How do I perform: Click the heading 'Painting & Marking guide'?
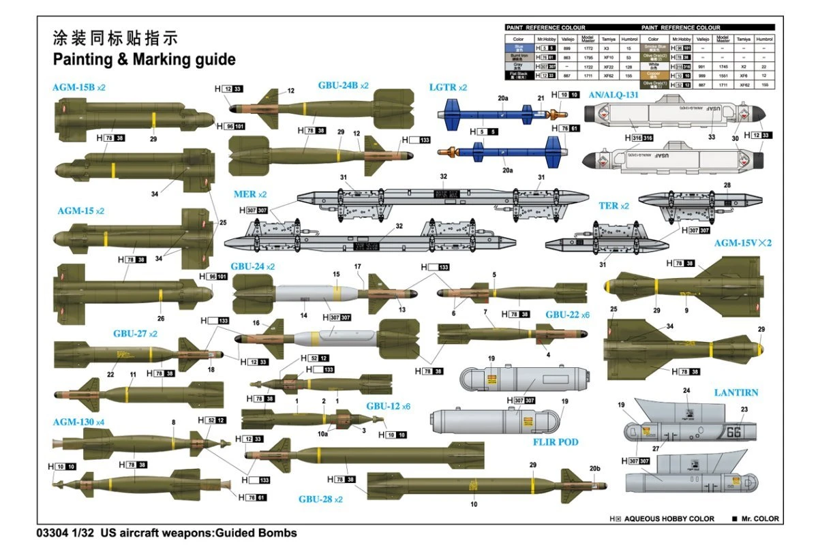tap(145, 59)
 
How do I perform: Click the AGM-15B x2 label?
tap(79, 88)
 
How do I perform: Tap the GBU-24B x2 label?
tap(343, 86)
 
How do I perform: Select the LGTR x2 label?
tap(448, 88)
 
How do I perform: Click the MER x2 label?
tap(250, 194)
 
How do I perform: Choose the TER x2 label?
tap(613, 206)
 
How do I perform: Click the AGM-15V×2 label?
tap(746, 243)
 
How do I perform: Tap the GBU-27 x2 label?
tap(135, 334)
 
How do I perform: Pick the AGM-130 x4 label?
tap(78, 422)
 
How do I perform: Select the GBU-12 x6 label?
tap(388, 406)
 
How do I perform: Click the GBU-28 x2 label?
tap(320, 499)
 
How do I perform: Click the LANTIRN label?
tap(736, 393)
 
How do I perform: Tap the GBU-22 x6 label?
tap(567, 315)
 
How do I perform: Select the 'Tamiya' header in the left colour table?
tap(609, 39)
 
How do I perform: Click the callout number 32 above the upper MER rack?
tap(443, 176)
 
